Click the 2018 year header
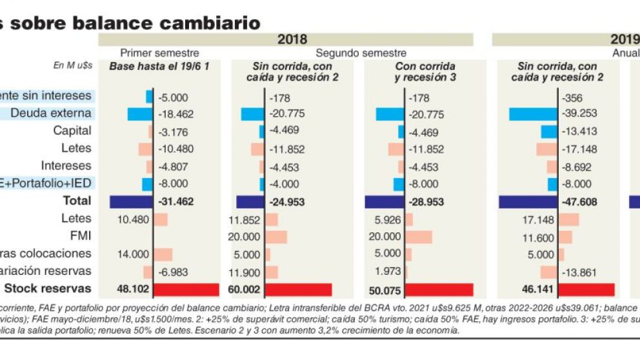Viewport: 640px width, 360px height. point(292,39)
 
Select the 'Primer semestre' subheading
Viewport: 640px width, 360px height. point(159,53)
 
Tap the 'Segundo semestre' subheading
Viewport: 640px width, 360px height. point(361,53)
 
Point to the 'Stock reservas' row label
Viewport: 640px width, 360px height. point(48,288)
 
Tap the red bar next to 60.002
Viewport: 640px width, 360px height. point(299,289)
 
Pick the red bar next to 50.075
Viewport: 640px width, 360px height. point(439,289)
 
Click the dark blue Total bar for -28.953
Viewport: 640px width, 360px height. point(385,201)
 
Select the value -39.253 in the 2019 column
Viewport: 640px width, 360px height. point(579,114)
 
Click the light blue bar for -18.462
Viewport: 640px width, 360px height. point(139,114)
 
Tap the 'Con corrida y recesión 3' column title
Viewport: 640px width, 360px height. point(425,71)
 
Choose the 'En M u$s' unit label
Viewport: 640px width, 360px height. point(73,66)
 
